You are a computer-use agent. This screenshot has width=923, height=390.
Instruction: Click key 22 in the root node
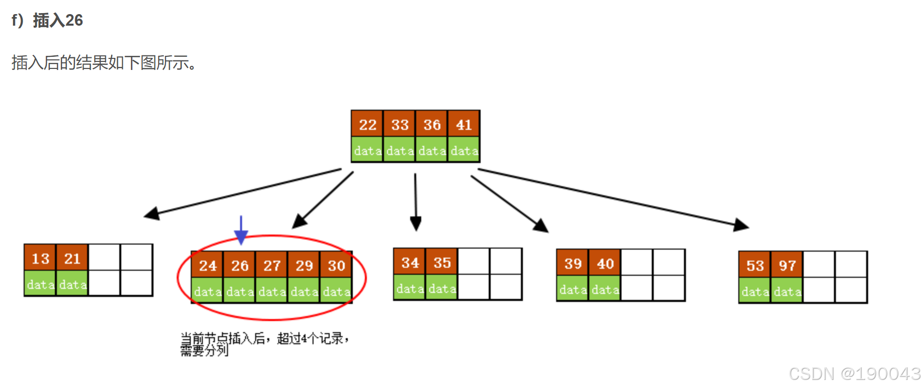tap(367, 124)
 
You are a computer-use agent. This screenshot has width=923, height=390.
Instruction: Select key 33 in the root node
tap(400, 124)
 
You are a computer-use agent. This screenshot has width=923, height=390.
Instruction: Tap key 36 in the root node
tap(432, 124)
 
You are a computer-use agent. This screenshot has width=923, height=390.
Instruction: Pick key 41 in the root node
tap(464, 124)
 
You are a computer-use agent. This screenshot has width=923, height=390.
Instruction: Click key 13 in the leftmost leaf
tap(40, 258)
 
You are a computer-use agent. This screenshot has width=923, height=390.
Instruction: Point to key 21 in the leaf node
tap(72, 258)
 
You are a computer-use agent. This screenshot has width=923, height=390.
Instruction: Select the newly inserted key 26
tap(240, 265)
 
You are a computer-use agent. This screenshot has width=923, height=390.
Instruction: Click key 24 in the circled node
tap(207, 265)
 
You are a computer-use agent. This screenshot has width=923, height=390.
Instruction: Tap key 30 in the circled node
tap(336, 265)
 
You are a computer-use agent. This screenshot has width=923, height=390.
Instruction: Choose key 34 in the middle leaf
tap(410, 262)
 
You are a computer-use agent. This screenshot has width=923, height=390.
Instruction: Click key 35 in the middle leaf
tap(442, 262)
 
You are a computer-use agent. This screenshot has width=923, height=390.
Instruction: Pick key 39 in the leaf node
tap(573, 263)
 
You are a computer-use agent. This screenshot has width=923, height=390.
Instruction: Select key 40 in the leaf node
tap(605, 263)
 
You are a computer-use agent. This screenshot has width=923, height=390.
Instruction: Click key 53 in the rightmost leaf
tap(755, 265)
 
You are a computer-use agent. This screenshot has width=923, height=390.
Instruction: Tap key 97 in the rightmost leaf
tap(787, 265)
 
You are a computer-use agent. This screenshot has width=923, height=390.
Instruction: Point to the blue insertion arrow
tap(241, 230)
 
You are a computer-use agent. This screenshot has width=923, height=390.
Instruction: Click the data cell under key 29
tap(304, 291)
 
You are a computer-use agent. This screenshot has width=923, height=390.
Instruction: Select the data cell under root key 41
tap(464, 150)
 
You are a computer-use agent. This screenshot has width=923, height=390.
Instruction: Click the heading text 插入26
tap(58, 20)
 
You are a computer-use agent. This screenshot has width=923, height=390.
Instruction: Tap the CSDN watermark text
tap(855, 374)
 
